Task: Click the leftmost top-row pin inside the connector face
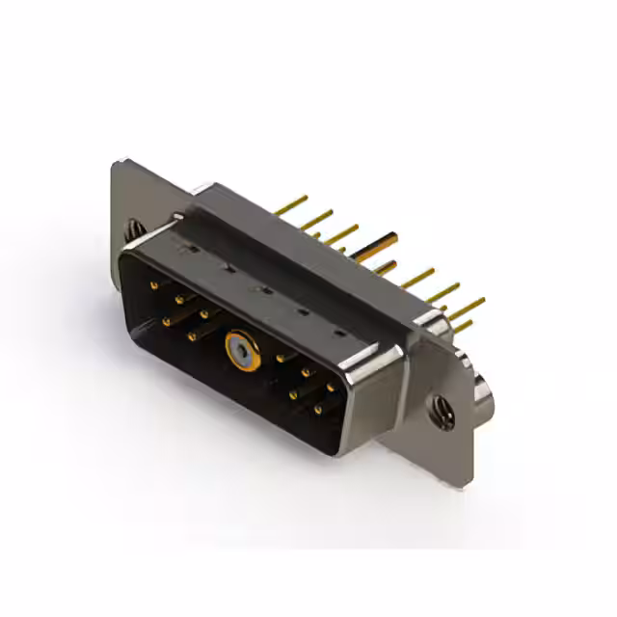(154, 286)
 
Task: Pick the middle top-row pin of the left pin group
(179, 300)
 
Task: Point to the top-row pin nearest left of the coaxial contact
(204, 313)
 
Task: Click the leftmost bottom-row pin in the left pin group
(167, 321)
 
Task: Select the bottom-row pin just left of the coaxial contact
(192, 335)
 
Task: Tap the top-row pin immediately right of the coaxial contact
(281, 359)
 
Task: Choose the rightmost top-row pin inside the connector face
(331, 387)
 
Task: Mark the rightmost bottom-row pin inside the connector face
(318, 410)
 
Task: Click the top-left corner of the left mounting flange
(118, 163)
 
